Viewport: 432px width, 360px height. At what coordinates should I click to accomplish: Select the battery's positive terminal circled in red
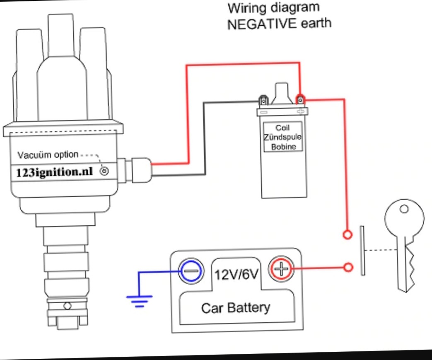(x=281, y=270)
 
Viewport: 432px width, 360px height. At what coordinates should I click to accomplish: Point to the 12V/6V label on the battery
(x=236, y=274)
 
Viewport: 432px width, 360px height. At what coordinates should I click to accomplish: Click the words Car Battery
(x=235, y=308)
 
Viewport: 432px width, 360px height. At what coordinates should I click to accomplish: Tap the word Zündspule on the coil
(x=283, y=137)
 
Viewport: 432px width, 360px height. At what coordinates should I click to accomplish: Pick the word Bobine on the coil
(x=283, y=146)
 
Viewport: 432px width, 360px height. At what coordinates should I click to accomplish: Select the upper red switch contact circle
(x=348, y=235)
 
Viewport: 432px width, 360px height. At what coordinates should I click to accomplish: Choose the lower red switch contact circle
(x=349, y=267)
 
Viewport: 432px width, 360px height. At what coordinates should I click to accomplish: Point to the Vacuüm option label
(x=48, y=155)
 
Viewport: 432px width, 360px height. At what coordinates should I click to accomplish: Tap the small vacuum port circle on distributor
(x=104, y=171)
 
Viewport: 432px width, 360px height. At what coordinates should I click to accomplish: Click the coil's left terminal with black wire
(x=263, y=101)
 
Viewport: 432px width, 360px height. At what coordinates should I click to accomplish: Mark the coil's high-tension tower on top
(x=282, y=92)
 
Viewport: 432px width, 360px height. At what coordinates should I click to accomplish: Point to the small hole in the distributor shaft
(x=67, y=306)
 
